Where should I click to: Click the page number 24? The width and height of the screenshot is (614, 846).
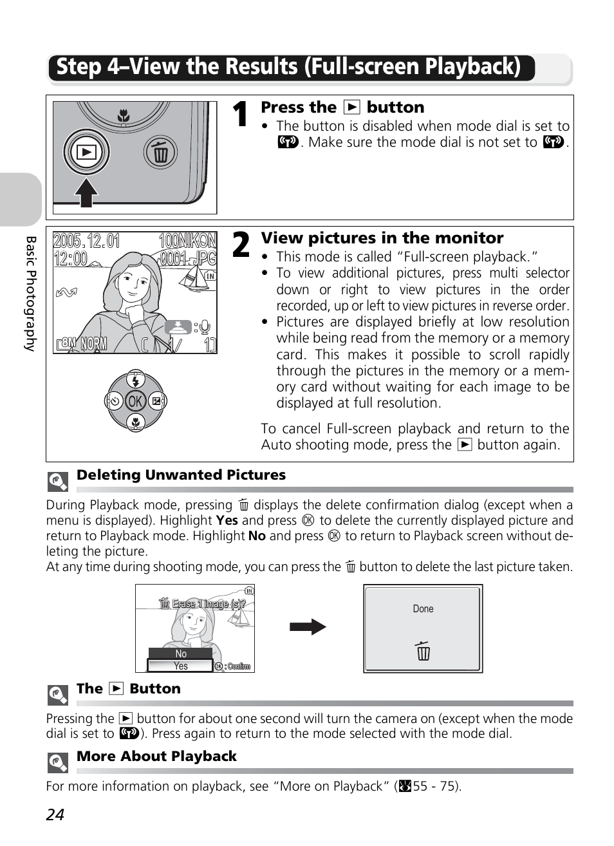55,815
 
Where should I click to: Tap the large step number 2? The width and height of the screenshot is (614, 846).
239,245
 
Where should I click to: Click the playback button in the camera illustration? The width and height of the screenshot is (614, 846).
86,153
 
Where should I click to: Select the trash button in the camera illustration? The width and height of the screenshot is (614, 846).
160,153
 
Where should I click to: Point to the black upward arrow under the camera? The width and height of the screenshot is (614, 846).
86,192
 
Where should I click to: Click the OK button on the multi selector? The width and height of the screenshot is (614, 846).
135,402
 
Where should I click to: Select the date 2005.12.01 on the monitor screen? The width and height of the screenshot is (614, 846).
86,241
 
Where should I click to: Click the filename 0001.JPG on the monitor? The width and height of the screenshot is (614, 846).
187,258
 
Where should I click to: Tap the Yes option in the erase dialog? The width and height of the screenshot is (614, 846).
181,666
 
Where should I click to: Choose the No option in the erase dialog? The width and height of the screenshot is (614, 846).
181,653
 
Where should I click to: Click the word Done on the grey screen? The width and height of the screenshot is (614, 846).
423,609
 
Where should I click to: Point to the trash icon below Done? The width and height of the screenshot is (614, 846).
423,651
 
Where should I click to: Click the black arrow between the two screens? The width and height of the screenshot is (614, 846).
308,626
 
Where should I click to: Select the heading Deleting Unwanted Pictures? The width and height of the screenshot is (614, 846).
181,475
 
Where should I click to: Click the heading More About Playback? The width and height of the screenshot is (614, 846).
156,757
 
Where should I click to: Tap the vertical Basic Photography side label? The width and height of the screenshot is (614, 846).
30,293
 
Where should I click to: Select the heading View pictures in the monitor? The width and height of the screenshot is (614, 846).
382,238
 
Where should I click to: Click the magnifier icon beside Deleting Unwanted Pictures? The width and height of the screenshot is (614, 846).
58,482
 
